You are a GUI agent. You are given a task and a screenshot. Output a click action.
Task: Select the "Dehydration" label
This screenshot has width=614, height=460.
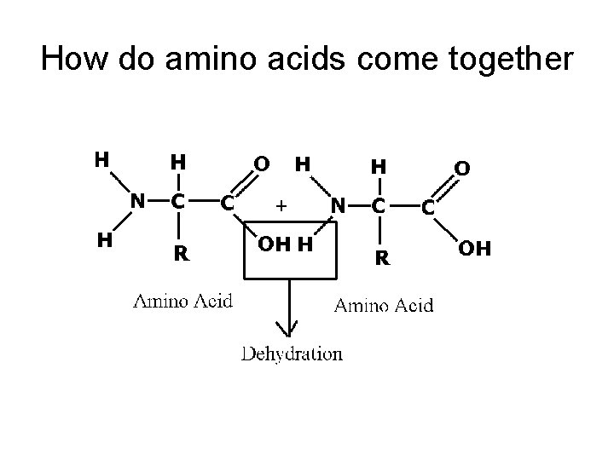click(292, 354)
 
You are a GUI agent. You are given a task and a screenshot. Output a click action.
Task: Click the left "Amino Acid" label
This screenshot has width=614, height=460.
click(182, 301)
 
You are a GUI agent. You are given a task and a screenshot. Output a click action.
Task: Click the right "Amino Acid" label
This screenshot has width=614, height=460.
click(383, 305)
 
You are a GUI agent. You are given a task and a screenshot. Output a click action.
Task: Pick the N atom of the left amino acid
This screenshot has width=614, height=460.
click(135, 201)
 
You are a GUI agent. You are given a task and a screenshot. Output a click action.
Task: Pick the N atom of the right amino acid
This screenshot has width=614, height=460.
click(338, 204)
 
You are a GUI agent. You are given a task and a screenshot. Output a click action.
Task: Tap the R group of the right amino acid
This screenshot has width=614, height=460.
click(383, 256)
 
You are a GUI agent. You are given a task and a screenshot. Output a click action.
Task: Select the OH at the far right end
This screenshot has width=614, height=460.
click(474, 250)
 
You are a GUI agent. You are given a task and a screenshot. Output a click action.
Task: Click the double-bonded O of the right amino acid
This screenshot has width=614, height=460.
click(461, 170)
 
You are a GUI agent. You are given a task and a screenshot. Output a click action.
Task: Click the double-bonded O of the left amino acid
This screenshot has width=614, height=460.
click(263, 162)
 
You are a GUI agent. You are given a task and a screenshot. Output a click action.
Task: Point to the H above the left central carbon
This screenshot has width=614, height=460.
click(179, 161)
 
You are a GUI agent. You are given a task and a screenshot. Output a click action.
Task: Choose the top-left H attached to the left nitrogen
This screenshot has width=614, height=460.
click(101, 158)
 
